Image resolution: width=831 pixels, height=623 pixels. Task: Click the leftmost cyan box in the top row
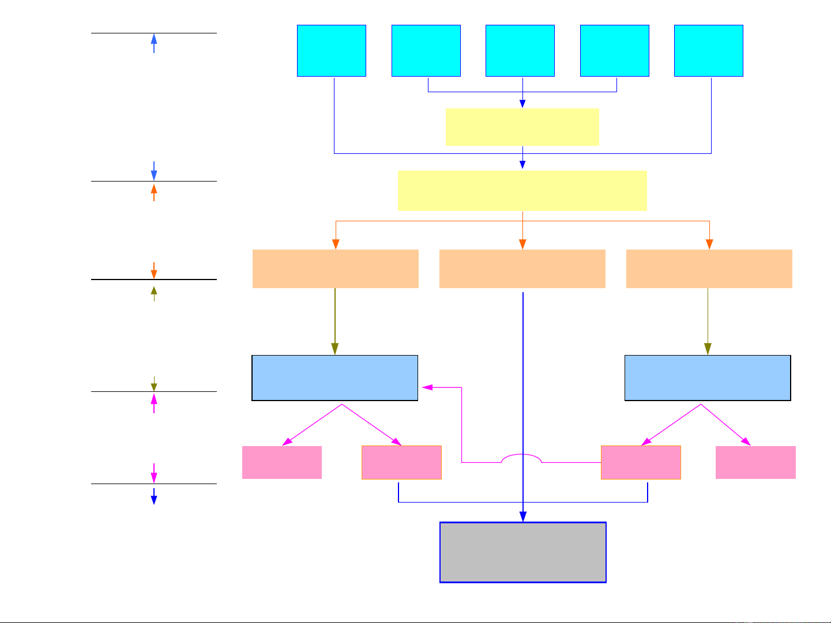pyautogui.click(x=332, y=51)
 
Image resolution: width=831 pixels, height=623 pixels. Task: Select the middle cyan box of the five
pyautogui.click(x=520, y=51)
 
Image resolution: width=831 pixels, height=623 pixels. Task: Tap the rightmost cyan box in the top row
pyautogui.click(x=709, y=51)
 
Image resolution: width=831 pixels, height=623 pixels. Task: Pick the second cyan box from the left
pyautogui.click(x=426, y=51)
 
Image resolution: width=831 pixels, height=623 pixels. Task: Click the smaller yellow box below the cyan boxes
pyautogui.click(x=522, y=127)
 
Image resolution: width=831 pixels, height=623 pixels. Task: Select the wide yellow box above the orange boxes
pyautogui.click(x=522, y=191)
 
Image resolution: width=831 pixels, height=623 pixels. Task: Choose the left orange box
pyautogui.click(x=336, y=269)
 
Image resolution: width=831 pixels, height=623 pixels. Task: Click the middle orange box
pyautogui.click(x=522, y=269)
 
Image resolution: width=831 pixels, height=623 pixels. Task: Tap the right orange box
pyautogui.click(x=709, y=269)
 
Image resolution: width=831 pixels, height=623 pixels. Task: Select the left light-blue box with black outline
pyautogui.click(x=335, y=378)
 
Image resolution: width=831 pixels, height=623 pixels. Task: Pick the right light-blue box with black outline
pyautogui.click(x=708, y=378)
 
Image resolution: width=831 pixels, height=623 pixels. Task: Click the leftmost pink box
pyautogui.click(x=282, y=462)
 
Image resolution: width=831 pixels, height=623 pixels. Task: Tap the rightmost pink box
pyautogui.click(x=755, y=462)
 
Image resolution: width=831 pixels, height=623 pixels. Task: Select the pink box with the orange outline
pyautogui.click(x=641, y=462)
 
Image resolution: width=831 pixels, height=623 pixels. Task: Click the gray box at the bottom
pyautogui.click(x=523, y=553)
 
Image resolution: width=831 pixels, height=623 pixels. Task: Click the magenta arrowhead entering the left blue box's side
pyautogui.click(x=427, y=387)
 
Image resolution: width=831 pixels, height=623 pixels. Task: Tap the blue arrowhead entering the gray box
pyautogui.click(x=523, y=516)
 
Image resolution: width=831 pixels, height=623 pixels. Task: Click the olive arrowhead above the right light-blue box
pyautogui.click(x=708, y=349)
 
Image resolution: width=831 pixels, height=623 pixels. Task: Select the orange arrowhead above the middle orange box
pyautogui.click(x=522, y=244)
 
